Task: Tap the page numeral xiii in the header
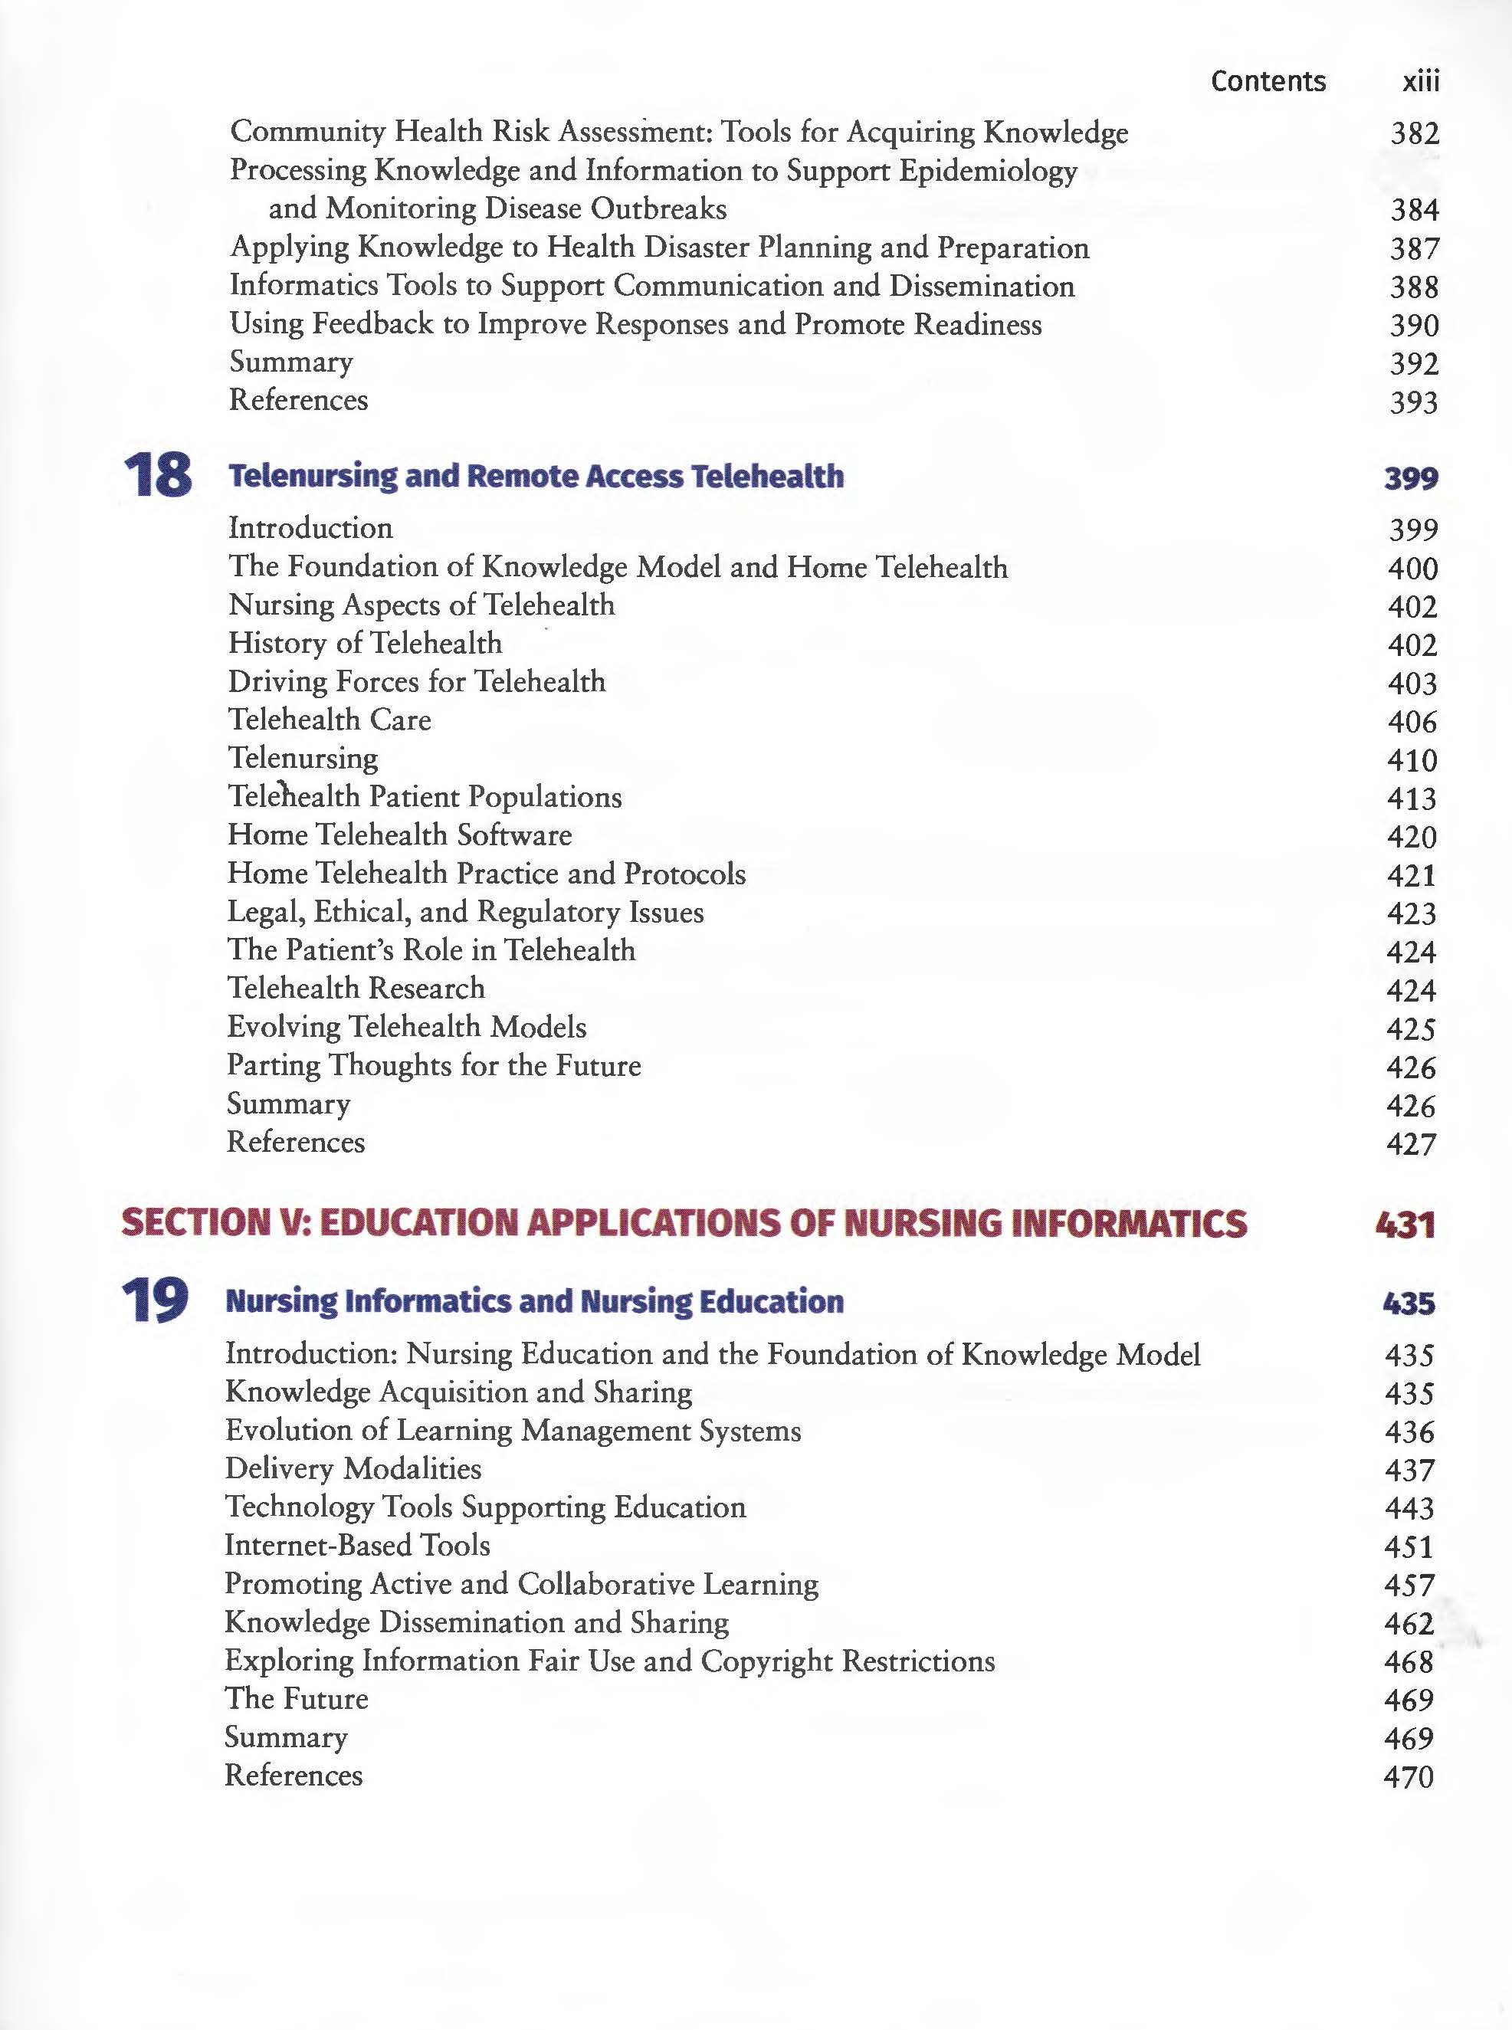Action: (1421, 81)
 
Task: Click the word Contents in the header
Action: (1268, 81)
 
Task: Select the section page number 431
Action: (1405, 1224)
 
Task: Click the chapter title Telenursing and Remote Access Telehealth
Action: (536, 476)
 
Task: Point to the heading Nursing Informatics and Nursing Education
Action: (533, 1301)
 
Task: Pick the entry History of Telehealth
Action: (366, 644)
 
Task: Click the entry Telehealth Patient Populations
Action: (425, 796)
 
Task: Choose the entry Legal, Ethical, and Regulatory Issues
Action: (466, 912)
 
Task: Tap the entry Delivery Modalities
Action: (353, 1468)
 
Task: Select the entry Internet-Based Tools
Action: (357, 1545)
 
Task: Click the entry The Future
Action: (297, 1699)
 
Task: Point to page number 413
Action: (1412, 799)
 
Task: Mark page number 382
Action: (1414, 133)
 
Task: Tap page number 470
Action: (1409, 1776)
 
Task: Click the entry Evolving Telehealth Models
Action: (406, 1027)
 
